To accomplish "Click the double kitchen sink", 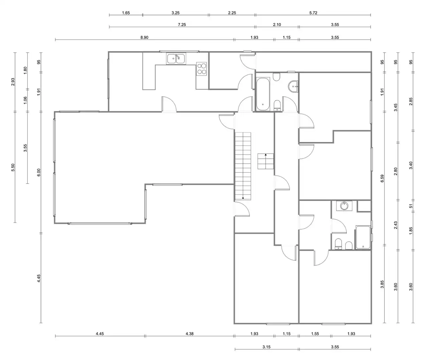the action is coord(176,59).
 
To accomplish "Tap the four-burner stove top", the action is coord(201,69).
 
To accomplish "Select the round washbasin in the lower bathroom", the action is coord(344,205).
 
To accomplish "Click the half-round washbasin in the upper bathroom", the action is coord(293,87).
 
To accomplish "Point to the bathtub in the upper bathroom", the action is coord(263,94).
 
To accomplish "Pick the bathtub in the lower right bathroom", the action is coord(363,237).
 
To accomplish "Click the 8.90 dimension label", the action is coord(144,37).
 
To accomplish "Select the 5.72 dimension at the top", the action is coord(313,13).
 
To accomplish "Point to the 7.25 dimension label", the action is coord(182,25).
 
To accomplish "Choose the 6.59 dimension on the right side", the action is coord(382,178).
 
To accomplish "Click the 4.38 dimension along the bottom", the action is coord(189,334).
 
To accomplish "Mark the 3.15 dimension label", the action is coord(267,347).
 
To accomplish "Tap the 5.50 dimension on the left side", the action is coord(13,167).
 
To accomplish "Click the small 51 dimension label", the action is coord(411,206).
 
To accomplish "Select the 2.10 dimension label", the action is coord(277,25).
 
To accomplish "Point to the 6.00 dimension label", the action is coord(39,172).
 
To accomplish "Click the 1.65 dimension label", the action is coord(126,13).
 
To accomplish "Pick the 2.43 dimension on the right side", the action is coord(396,225).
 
